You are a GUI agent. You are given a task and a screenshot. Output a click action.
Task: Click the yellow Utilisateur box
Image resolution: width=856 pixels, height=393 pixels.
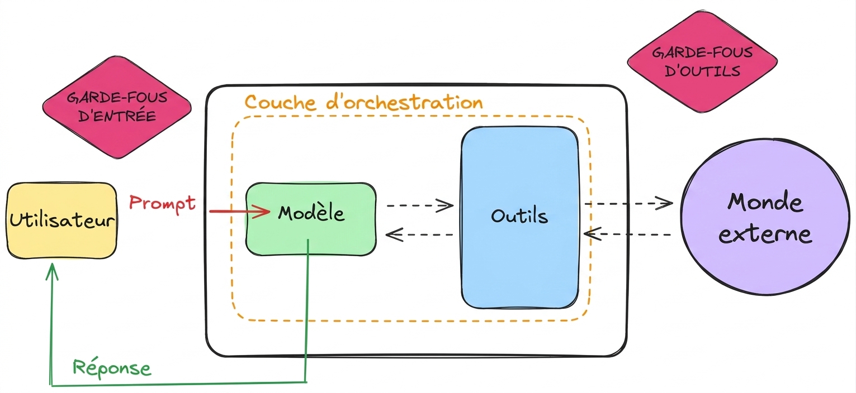point(62,221)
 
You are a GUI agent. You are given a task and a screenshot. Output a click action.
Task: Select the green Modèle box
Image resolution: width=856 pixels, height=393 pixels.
point(311,219)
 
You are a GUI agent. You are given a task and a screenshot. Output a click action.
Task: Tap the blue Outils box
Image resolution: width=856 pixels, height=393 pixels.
point(520,218)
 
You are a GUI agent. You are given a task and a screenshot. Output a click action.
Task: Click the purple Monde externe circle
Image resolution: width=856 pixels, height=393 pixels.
point(765,217)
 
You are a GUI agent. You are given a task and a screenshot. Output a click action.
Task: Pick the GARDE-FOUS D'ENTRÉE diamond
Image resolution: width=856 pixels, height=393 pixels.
point(117,107)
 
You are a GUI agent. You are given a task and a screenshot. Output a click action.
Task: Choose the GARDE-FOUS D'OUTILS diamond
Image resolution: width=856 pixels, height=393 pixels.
point(702,62)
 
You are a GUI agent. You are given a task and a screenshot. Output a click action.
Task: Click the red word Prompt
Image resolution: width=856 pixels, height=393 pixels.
point(162,203)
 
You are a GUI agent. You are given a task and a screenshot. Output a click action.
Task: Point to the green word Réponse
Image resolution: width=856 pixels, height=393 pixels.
point(112,368)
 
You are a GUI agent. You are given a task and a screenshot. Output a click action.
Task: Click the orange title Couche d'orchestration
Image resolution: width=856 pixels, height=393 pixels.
point(364,102)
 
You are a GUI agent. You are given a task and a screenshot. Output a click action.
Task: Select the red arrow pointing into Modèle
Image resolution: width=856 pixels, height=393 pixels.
point(240,211)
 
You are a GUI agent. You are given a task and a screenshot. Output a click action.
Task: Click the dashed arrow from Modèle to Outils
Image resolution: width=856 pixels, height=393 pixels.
point(420,205)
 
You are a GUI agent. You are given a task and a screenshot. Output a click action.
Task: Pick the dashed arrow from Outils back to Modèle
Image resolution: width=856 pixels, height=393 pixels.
point(419,234)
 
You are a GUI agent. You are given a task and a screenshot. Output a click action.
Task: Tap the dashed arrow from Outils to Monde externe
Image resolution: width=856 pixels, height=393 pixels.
point(628,203)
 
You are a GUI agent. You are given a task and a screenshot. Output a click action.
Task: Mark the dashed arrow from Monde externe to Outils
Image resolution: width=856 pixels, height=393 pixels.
point(627,234)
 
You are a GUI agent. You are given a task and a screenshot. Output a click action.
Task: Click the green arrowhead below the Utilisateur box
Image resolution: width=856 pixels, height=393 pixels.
point(52,271)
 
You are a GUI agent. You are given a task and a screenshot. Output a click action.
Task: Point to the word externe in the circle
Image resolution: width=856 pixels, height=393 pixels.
point(765,234)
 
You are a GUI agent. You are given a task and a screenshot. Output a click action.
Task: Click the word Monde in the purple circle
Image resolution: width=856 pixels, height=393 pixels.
point(765,202)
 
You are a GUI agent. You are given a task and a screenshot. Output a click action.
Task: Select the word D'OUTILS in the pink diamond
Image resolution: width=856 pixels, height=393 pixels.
point(702,71)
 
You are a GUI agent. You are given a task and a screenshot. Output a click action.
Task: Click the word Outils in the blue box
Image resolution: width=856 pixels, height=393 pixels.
point(519,216)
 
